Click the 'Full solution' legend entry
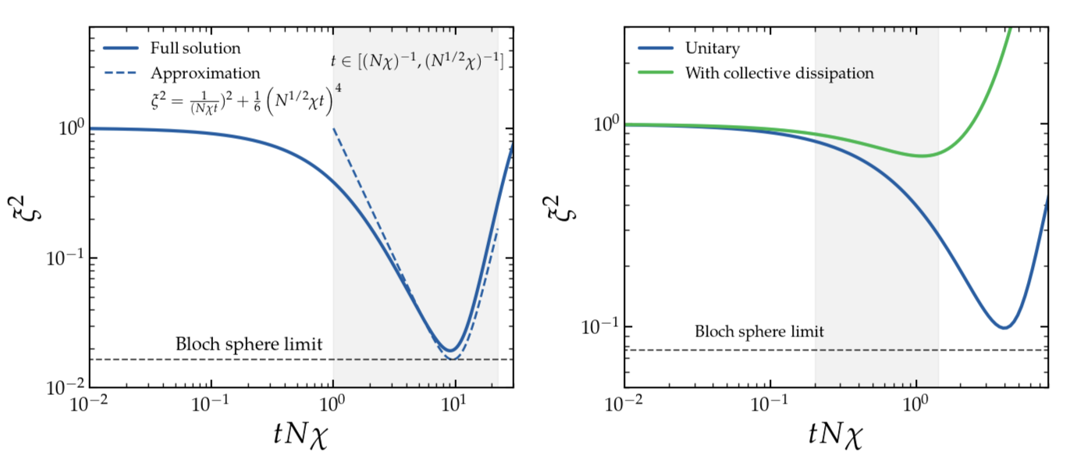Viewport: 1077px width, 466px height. [195, 48]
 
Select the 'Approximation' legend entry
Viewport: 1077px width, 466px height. [205, 73]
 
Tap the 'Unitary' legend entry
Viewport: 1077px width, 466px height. [712, 48]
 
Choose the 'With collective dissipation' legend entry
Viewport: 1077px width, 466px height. [779, 73]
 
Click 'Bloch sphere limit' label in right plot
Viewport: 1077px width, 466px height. [759, 332]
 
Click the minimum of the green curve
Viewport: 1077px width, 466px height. [923, 155]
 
